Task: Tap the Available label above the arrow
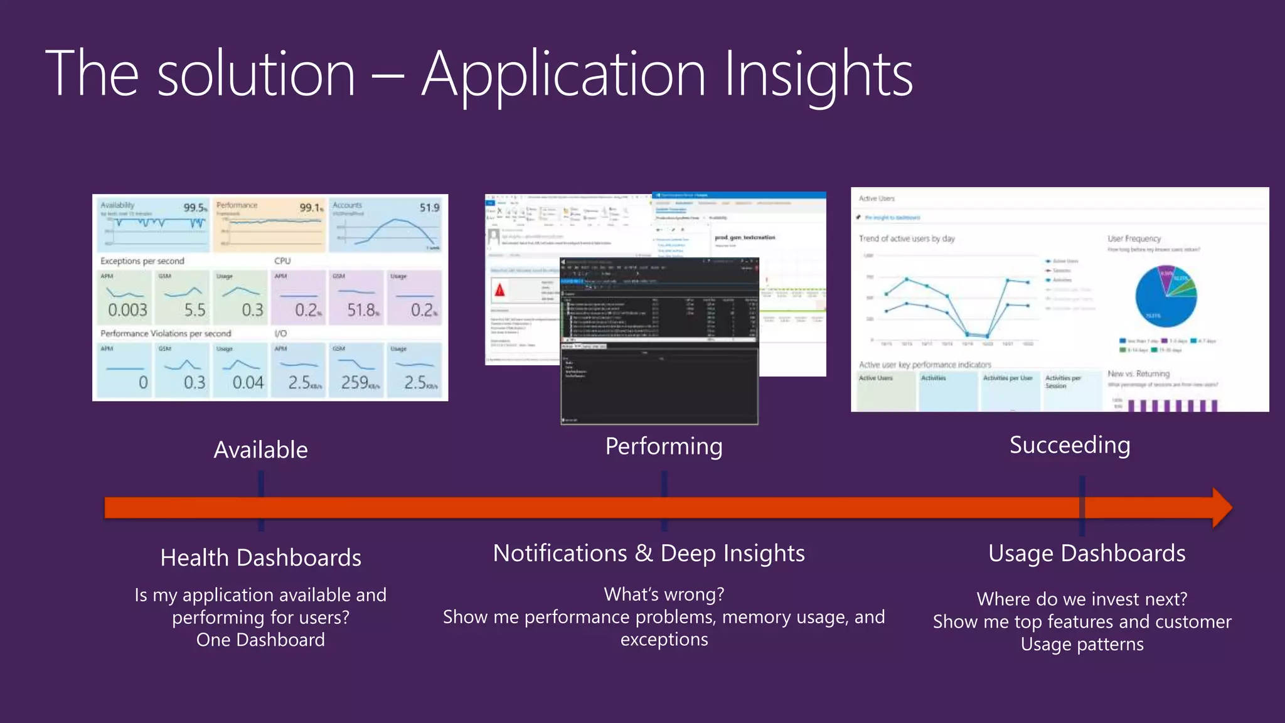coord(260,450)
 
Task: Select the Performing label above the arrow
coord(664,446)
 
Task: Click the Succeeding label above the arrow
coord(1070,445)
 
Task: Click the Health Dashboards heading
coord(260,557)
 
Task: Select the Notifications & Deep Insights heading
coord(649,553)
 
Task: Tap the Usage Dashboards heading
coord(1087,553)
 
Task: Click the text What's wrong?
coord(664,594)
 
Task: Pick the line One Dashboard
coord(260,640)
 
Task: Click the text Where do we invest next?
coord(1082,599)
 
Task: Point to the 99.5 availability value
coord(195,208)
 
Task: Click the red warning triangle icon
coord(499,290)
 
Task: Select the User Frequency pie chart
coord(1166,296)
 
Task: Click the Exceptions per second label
coord(142,260)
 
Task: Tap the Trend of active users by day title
coord(906,238)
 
